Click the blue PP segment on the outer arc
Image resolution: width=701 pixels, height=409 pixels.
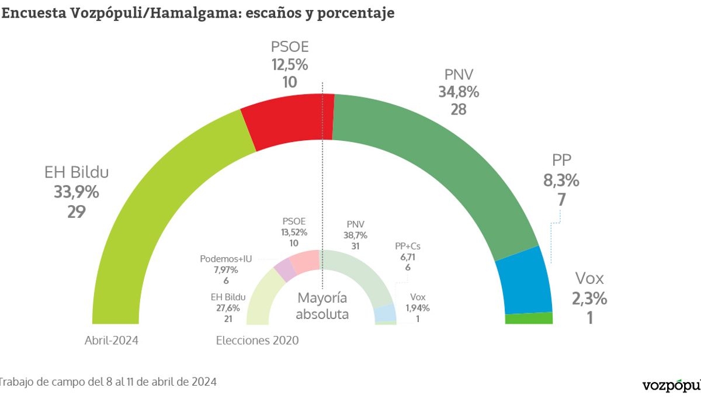pyautogui.click(x=523, y=280)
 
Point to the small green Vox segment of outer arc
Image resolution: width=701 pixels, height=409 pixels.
pyautogui.click(x=529, y=318)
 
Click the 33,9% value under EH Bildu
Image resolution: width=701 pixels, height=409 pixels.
pyautogui.click(x=77, y=192)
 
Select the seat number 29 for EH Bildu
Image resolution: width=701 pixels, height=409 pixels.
pyautogui.click(x=77, y=212)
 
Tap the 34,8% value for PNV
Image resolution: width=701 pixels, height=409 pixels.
pyautogui.click(x=459, y=92)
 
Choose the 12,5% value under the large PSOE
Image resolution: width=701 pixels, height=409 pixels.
pyautogui.click(x=289, y=64)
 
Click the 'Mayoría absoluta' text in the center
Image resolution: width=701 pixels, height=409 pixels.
pyautogui.click(x=322, y=306)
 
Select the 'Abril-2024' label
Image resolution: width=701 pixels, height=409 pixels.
pyautogui.click(x=112, y=341)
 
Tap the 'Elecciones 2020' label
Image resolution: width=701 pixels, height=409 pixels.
pyautogui.click(x=257, y=341)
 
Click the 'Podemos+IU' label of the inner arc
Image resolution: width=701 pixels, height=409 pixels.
pyautogui.click(x=225, y=258)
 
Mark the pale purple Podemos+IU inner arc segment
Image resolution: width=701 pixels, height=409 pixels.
pyautogui.click(x=284, y=269)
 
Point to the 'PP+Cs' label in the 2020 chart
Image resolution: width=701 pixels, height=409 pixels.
pyautogui.click(x=408, y=246)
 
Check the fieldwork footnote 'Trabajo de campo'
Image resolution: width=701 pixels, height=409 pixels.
pyautogui.click(x=109, y=382)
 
